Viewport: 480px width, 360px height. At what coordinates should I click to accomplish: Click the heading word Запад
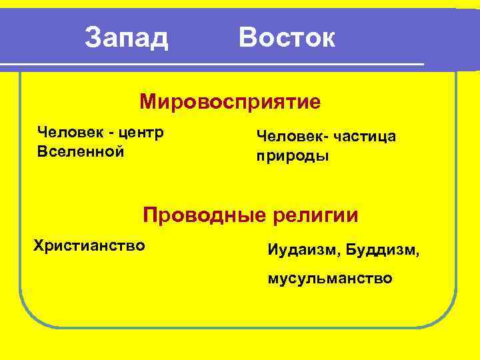pos(127,38)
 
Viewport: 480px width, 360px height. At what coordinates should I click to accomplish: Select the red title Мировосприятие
pos(230,103)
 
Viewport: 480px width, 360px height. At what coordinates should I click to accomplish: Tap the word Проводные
pos(204,215)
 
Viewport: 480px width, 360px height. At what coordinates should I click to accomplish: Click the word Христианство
pos(89,245)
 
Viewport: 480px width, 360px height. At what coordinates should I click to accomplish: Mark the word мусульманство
pos(330,278)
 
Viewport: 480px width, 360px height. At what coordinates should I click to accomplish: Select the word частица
pos(364,137)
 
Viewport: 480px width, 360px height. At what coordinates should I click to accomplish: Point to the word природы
pos(293,158)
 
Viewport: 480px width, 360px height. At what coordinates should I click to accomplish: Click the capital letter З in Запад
pos(93,38)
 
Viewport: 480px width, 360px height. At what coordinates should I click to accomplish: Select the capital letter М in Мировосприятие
pos(148,103)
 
